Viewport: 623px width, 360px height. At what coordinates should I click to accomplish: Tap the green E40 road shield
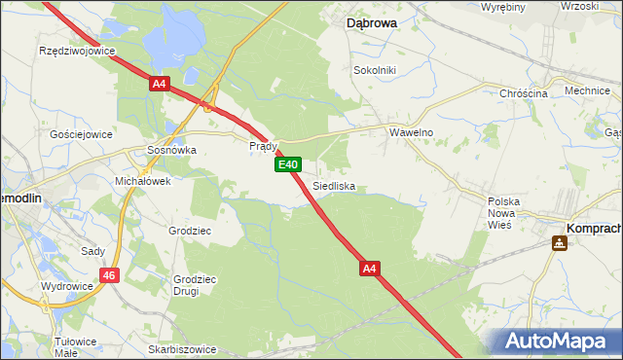tap(287, 165)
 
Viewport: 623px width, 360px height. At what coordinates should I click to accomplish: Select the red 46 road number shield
tap(109, 276)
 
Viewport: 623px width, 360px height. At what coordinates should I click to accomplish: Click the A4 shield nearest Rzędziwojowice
tap(162, 85)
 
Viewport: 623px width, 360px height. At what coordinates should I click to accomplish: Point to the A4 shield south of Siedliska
tap(369, 267)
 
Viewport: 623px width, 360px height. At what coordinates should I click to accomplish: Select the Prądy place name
tap(264, 146)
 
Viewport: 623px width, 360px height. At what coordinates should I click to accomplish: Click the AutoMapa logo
tap(557, 341)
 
